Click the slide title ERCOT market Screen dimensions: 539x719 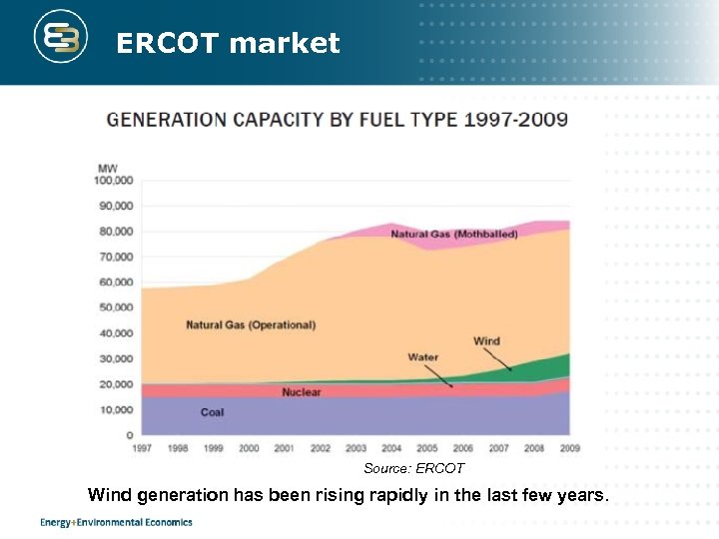[228, 43]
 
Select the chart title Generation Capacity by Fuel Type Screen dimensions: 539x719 [338, 120]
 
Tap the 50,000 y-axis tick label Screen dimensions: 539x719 [116, 307]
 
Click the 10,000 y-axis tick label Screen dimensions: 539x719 [116, 409]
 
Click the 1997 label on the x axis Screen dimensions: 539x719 [142, 448]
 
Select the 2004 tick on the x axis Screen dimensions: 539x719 [391, 448]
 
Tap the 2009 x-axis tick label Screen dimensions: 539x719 [569, 448]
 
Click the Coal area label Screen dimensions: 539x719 [212, 412]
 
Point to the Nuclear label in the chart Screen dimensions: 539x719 [301, 392]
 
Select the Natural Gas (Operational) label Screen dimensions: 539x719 [251, 325]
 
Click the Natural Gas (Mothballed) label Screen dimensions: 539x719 [440, 235]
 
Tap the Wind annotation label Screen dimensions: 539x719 [486, 341]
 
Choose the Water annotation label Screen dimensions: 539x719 [422, 357]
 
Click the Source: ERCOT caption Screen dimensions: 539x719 [413, 468]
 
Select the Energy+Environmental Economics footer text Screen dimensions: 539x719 [116, 522]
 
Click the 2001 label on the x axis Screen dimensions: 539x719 [285, 448]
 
